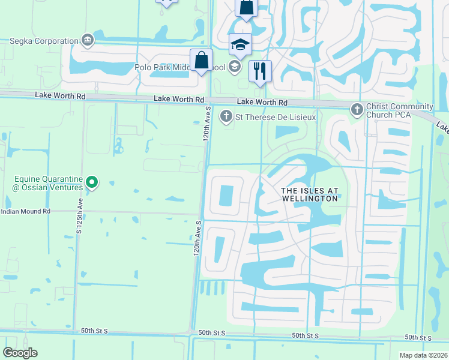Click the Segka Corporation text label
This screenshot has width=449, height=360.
coord(44,41)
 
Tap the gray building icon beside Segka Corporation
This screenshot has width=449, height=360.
coord(88,41)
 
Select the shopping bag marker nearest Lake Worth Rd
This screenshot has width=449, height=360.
coord(201,61)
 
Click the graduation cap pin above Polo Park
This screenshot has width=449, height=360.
coord(240,45)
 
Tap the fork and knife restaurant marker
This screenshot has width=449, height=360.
coord(260,71)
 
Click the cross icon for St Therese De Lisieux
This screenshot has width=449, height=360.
coord(226,116)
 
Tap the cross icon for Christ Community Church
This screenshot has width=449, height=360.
coord(356,108)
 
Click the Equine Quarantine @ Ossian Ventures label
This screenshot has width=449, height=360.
coord(49,184)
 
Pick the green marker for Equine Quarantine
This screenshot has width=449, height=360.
coord(91,181)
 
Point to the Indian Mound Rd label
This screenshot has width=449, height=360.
coord(26,212)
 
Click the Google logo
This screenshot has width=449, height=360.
coord(20,353)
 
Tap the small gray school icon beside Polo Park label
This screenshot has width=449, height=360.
coord(235,67)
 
